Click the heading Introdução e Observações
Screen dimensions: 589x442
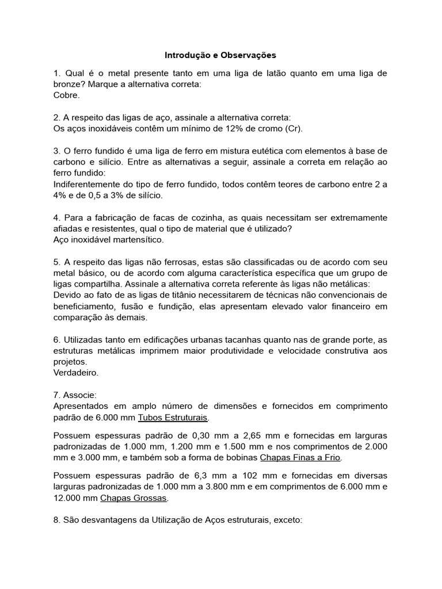220,55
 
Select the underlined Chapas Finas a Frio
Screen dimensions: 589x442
301,457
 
